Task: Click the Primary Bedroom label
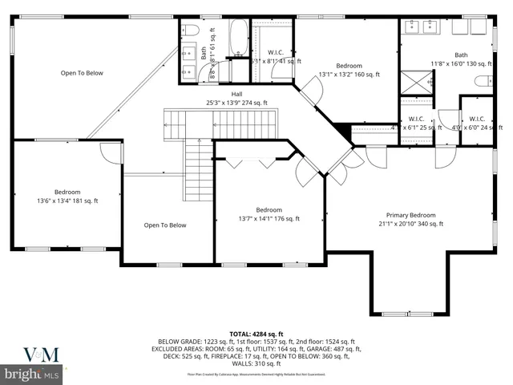(x=411, y=215)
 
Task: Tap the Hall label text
(x=237, y=94)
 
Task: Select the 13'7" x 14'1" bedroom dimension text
(x=269, y=218)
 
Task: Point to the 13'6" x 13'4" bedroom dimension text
(x=67, y=201)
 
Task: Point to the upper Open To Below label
(x=82, y=73)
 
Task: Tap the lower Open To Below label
(x=165, y=225)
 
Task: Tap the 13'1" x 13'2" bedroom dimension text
(x=349, y=75)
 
